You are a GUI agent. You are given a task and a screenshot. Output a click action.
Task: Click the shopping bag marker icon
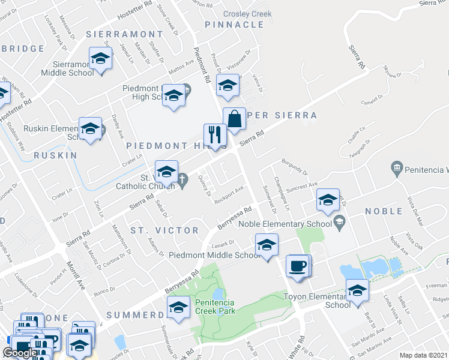point(234,118)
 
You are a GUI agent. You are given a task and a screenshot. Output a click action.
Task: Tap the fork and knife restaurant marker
point(214,134)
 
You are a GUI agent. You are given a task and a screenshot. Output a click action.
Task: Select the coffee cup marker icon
point(297,265)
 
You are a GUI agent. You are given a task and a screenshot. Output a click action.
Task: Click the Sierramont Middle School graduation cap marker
point(101,58)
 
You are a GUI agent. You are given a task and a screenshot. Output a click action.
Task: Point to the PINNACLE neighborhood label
point(234,25)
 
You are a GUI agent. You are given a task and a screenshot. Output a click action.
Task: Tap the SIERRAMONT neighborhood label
point(124,35)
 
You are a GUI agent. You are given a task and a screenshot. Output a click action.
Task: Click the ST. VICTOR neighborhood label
point(164,230)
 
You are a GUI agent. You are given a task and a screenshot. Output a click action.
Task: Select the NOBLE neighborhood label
point(384,211)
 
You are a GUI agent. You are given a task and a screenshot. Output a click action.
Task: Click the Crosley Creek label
point(247,14)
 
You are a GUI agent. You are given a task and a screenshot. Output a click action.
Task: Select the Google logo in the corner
point(20,353)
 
